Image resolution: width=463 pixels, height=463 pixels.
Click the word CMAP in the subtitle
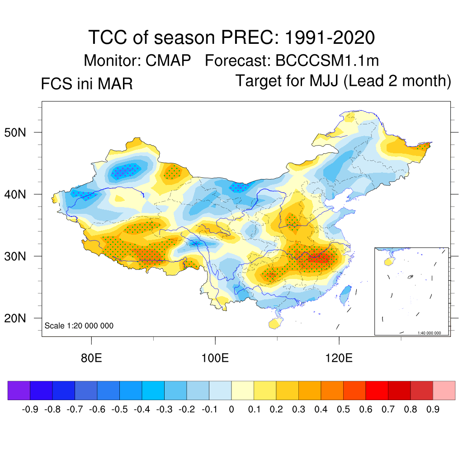[168, 60]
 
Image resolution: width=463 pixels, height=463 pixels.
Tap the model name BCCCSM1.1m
[327, 60]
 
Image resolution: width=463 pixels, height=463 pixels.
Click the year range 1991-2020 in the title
[330, 37]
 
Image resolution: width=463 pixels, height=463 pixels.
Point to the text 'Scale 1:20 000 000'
[79, 326]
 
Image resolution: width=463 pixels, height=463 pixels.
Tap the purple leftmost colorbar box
[19, 390]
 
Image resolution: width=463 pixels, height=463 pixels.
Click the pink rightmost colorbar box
[444, 390]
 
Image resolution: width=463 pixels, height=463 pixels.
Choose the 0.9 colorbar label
[433, 410]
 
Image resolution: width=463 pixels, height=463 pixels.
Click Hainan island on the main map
[274, 323]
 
